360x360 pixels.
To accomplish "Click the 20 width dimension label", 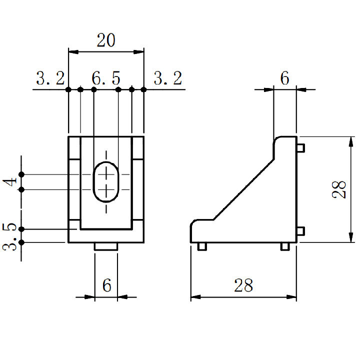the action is pyautogui.click(x=106, y=40).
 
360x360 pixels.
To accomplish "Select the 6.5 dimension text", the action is pyautogui.click(x=106, y=78).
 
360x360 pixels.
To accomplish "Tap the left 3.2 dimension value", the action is pyautogui.click(x=50, y=78).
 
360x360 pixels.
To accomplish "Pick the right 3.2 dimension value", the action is pyautogui.click(x=168, y=78).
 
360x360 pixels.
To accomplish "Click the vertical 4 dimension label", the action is pyautogui.click(x=10, y=182).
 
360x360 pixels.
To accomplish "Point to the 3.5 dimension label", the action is pyautogui.click(x=9, y=236).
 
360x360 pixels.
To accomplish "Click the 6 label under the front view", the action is pyautogui.click(x=107, y=285).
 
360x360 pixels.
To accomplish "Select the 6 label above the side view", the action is pyautogui.click(x=284, y=78).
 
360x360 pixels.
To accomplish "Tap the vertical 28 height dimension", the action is pyautogui.click(x=339, y=189).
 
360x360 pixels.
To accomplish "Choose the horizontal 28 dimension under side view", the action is pyautogui.click(x=243, y=285).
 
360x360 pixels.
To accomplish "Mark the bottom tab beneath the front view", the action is pyautogui.click(x=106, y=246).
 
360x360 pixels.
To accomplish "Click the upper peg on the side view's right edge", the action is pyautogui.click(x=301, y=148).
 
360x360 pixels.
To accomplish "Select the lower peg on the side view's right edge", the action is pyautogui.click(x=301, y=231).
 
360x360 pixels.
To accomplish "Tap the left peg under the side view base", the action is pyautogui.click(x=202, y=246).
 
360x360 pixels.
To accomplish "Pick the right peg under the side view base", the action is pyautogui.click(x=285, y=246).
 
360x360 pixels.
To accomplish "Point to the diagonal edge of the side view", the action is pyautogui.click(x=244, y=189).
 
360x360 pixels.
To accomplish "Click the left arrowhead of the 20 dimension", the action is pyautogui.click(x=73, y=52).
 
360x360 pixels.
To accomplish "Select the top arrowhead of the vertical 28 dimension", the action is pyautogui.click(x=351, y=141).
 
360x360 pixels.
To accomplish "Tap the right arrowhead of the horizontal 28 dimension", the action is pyautogui.click(x=291, y=297).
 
